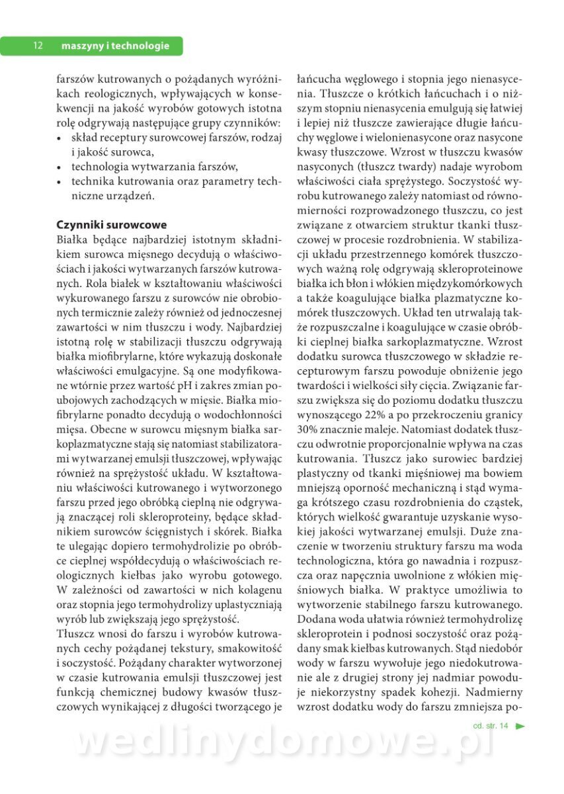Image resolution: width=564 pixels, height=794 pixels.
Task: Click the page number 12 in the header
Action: coord(38,46)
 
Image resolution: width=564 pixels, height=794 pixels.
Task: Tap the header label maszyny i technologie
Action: coord(115,46)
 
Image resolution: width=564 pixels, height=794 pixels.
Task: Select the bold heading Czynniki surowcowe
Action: coord(112,225)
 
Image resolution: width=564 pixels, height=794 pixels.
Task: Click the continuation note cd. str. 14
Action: coord(491,726)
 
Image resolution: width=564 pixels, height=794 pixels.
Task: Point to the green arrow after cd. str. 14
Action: coord(520,726)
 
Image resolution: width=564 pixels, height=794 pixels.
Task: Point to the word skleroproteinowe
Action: coord(481,268)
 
